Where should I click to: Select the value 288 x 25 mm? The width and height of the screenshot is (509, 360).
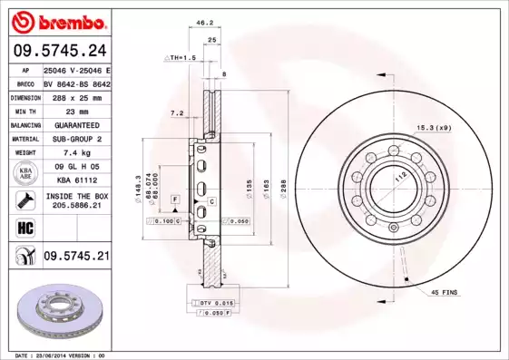coord(75,95)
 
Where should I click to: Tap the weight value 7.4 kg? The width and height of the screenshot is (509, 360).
coord(75,153)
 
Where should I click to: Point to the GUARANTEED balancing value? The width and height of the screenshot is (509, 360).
coord(75,124)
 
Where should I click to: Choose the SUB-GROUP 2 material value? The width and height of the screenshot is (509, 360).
coord(75,139)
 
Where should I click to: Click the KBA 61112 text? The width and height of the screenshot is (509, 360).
coord(75,181)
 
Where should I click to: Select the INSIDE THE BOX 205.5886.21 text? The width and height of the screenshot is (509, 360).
coord(75,200)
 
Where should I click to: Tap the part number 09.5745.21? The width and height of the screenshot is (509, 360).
coord(75,257)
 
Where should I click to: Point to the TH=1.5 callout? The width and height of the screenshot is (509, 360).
coord(181,57)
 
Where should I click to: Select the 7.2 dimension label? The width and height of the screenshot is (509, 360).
coord(177,113)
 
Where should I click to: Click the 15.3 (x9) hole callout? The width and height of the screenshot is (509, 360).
coord(433,127)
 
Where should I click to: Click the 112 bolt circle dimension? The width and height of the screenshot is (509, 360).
coord(396,178)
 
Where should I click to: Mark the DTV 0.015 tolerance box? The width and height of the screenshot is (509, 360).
coord(207,302)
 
